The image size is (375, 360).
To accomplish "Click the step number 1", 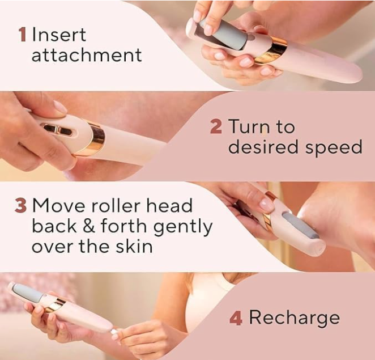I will coord(23,35).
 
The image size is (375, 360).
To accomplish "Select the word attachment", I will coord(86,56).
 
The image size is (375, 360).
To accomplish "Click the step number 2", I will coord(216,126).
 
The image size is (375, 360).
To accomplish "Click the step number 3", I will coord(20,205).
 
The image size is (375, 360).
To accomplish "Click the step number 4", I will coord(236,318).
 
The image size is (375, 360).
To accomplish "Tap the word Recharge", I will coord(295,318).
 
